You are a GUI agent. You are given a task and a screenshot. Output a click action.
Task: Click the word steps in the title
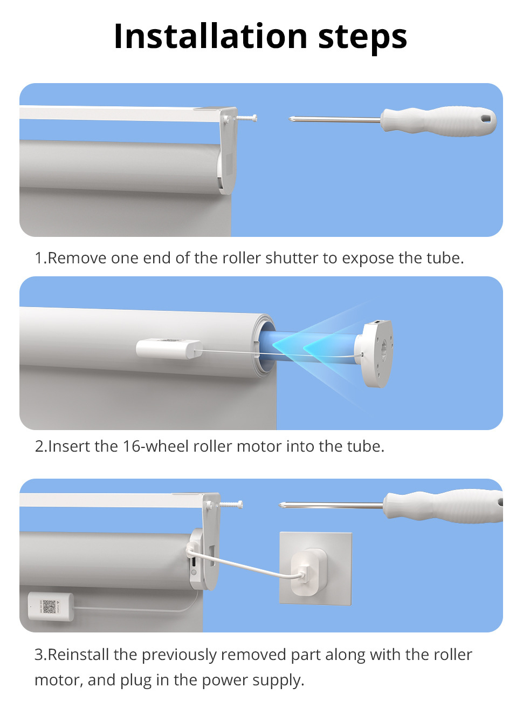(362, 38)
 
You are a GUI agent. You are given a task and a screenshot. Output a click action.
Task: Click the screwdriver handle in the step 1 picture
(439, 121)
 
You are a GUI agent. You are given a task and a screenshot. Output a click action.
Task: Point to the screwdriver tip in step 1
(290, 119)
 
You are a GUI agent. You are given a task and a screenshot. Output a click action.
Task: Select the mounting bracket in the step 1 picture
(228, 151)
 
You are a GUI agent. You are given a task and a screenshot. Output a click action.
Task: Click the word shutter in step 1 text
(292, 258)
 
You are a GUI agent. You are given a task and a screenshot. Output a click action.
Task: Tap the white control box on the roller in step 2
(169, 349)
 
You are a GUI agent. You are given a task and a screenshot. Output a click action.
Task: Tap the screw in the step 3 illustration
(231, 505)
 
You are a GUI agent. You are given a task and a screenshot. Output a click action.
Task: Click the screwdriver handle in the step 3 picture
(443, 506)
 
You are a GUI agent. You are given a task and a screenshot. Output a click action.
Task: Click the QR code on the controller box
(49, 606)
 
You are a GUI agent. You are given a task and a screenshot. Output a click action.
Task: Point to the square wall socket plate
(316, 569)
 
